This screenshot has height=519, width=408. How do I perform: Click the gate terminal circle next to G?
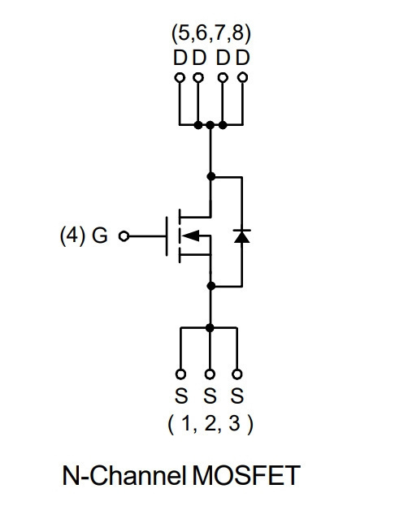point(124,236)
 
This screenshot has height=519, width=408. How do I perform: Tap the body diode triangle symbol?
point(241,236)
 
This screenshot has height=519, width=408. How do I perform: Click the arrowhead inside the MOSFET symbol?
point(191,236)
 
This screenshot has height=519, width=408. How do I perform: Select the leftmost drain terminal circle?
point(180,78)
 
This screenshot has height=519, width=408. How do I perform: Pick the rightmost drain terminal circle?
point(243,78)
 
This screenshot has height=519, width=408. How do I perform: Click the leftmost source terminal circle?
point(180,374)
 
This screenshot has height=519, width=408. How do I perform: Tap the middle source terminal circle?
point(210,374)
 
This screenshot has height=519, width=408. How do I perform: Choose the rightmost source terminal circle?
point(237,374)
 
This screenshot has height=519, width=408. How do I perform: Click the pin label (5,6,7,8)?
point(211,34)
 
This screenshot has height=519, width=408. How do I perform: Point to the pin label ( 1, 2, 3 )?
point(211,424)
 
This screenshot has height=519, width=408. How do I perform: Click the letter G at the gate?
point(100,236)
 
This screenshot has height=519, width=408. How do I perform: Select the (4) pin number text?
point(72,236)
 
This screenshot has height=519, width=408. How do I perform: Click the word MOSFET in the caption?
point(246,475)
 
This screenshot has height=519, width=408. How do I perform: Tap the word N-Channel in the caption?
point(124,475)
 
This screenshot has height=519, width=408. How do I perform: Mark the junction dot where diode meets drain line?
point(211,176)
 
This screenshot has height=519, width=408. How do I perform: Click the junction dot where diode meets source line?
point(211,286)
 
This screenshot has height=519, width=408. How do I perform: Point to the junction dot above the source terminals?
point(210,327)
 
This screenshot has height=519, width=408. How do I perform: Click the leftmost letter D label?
point(180,58)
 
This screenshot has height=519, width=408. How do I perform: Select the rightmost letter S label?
point(237,396)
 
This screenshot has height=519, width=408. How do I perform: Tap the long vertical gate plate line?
point(167,236)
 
